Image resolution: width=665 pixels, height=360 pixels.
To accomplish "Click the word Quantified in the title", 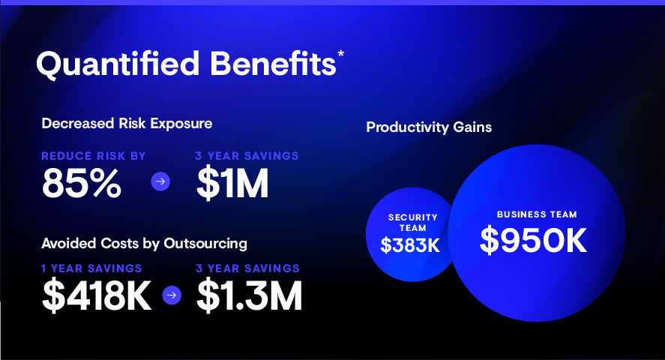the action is click(x=118, y=64).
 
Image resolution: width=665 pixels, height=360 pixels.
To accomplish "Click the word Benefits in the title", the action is click(x=273, y=64).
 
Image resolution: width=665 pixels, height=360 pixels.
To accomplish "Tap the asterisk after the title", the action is click(x=340, y=55).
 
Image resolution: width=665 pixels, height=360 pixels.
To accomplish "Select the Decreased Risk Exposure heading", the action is click(x=127, y=124).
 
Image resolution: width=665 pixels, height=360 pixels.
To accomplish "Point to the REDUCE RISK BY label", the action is click(x=94, y=156).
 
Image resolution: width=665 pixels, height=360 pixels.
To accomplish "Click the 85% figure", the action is click(x=82, y=183).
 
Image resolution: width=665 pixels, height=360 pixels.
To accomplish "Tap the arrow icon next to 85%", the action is click(x=160, y=181).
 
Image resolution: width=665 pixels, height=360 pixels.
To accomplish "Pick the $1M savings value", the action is click(x=232, y=183).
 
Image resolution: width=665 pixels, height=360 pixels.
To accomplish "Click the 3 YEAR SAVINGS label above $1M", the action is click(x=247, y=156).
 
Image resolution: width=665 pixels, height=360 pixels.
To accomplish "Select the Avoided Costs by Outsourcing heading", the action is click(x=144, y=244).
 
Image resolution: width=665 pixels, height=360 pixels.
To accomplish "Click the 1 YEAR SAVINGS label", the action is click(x=91, y=268).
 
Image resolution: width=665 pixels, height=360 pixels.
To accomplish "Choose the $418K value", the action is click(x=97, y=295).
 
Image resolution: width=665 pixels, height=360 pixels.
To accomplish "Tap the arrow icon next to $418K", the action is click(x=172, y=295).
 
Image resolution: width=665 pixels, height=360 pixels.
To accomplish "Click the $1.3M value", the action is click(x=250, y=295).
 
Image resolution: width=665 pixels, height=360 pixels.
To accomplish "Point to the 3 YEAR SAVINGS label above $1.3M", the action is click(x=247, y=268).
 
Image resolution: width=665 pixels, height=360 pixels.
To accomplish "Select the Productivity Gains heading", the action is click(x=429, y=127).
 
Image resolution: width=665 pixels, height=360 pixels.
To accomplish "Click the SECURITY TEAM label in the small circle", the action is click(x=412, y=223).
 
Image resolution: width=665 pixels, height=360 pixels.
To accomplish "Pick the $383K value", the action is click(x=410, y=245).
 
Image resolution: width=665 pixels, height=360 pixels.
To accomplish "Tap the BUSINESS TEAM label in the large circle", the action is click(x=537, y=214).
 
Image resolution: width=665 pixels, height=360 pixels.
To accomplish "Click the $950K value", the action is click(x=534, y=241).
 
